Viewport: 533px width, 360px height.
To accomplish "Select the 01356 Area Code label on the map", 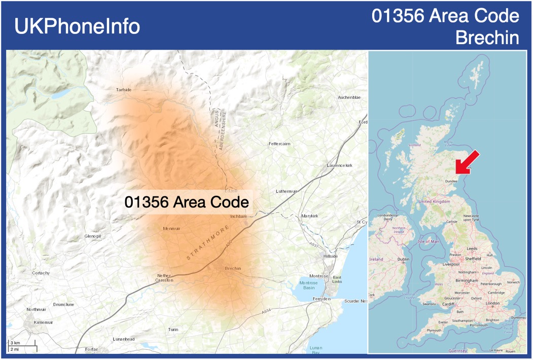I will pos(187,202).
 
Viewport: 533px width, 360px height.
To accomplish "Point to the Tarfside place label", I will pos(124,90).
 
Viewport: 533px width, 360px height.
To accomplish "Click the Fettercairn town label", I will pos(279,144).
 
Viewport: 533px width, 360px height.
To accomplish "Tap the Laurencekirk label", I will pos(339,166).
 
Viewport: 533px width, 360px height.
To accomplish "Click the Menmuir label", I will pos(172,229).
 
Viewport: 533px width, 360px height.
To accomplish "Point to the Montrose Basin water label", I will pos(308,285).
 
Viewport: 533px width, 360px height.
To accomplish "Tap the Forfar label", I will pos(91,349).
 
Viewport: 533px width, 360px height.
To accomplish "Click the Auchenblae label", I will pos(349,97).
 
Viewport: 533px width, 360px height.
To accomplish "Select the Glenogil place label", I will pos(93,236).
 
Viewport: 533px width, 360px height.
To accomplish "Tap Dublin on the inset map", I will pos(403,259).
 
